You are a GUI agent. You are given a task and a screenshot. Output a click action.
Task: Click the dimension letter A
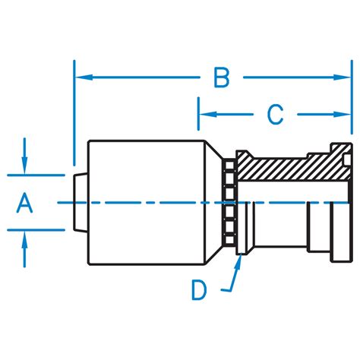[24, 203]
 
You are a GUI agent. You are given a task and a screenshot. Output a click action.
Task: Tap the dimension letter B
[221, 77]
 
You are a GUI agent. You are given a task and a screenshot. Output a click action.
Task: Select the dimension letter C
[274, 115]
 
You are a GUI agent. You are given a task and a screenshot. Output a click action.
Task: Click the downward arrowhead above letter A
[26, 167]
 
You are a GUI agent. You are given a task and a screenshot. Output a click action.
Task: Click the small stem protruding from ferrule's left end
[81, 201]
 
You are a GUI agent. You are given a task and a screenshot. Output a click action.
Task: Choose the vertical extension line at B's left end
[74, 114]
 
